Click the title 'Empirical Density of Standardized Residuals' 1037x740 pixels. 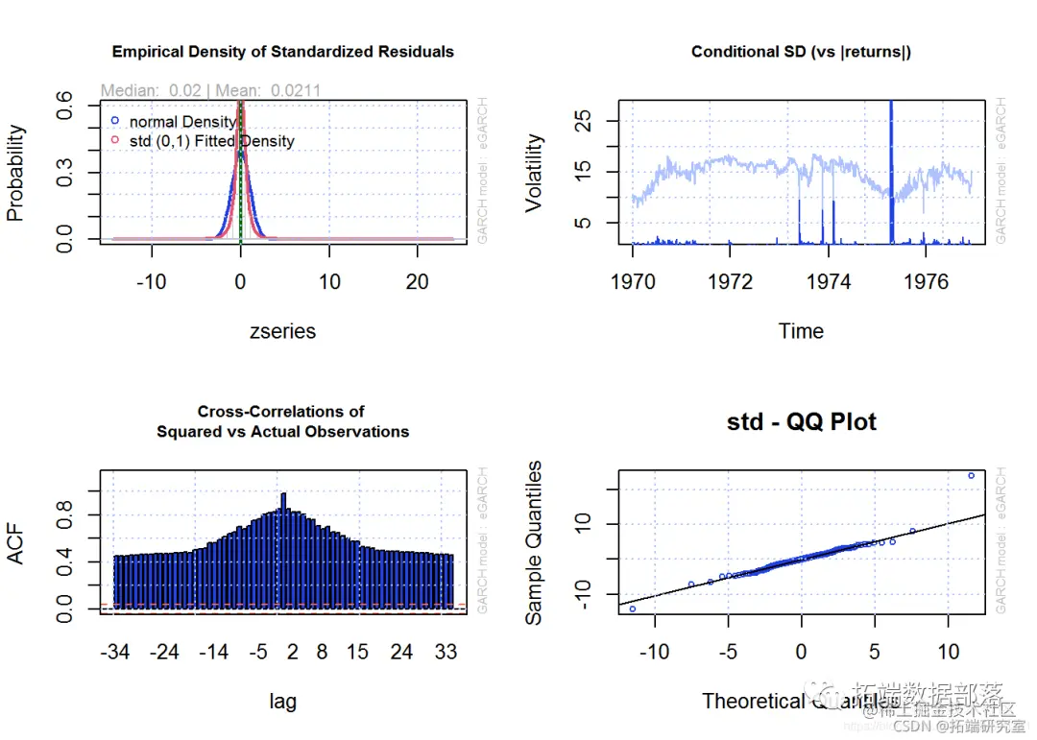283,52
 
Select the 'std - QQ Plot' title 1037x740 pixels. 802,422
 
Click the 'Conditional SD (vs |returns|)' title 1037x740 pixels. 802,52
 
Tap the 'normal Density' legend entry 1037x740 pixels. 182,122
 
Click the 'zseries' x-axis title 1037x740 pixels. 282,331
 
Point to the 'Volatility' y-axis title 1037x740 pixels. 535,173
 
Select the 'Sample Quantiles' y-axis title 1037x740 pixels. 535,542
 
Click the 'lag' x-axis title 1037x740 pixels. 282,702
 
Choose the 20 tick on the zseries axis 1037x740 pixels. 417,282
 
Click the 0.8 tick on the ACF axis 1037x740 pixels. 63,515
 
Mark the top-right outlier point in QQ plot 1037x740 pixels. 971,475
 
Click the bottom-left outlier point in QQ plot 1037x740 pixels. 632,609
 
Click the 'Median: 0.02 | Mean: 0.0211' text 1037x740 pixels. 210,90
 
